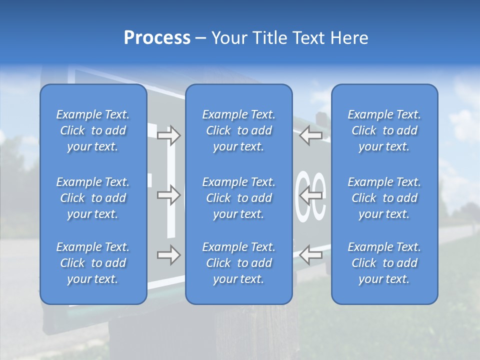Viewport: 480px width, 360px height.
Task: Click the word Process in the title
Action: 157,38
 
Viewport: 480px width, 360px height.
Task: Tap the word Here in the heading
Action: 348,38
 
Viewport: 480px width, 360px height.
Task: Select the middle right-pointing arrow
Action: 168,195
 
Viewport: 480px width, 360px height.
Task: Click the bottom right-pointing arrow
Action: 168,255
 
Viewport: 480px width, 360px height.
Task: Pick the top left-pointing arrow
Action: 310,135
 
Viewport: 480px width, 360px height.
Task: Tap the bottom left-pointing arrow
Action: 310,255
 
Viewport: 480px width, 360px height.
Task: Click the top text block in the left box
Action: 93,130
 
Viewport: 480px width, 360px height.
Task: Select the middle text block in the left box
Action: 93,198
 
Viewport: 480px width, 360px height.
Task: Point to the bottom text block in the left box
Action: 93,263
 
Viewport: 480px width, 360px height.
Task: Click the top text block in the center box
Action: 238,130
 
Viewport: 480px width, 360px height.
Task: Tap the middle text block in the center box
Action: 238,198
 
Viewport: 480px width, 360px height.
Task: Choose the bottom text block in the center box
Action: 238,263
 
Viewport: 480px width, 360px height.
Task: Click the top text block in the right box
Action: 384,130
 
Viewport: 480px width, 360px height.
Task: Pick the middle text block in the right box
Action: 384,198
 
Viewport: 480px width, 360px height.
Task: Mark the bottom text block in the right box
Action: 384,263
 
